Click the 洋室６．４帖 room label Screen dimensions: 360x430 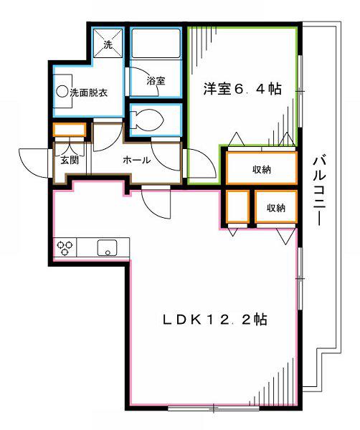click(x=242, y=89)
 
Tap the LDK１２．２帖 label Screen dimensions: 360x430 click(x=215, y=319)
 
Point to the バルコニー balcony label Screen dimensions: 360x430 click(x=319, y=191)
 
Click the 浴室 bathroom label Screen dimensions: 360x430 click(x=156, y=80)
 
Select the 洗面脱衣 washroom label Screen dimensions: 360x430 click(x=88, y=92)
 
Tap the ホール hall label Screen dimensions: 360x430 click(x=137, y=160)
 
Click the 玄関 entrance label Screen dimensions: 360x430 click(x=70, y=160)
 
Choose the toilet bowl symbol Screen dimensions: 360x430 click(x=147, y=119)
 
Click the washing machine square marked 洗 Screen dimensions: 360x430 click(x=108, y=43)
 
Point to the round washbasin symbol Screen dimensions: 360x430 click(x=62, y=92)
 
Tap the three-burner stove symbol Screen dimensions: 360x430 click(x=65, y=247)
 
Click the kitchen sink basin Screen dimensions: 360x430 click(x=108, y=248)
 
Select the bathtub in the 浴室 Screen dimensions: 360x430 click(x=156, y=43)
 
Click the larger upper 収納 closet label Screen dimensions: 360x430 click(x=262, y=170)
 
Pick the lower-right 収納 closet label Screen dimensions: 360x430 click(x=276, y=208)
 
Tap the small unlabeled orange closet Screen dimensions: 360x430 click(x=238, y=206)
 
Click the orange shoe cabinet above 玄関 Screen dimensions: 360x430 click(x=70, y=130)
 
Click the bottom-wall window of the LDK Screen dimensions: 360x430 click(x=214, y=408)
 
